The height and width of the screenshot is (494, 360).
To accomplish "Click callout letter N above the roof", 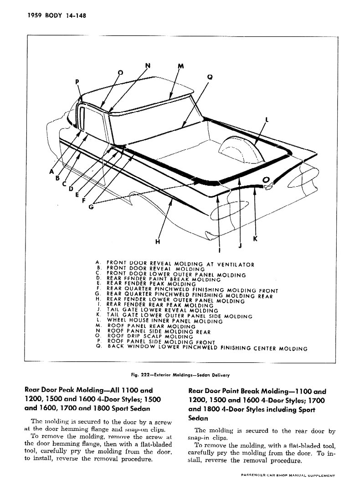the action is (148, 66).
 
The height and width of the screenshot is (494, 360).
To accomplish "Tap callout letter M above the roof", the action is (180, 66).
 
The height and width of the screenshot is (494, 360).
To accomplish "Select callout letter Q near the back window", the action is (210, 77).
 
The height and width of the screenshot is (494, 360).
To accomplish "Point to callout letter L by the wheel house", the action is (267, 119).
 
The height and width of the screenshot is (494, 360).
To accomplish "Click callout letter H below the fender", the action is (158, 242).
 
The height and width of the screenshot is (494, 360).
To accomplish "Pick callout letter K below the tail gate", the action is (255, 239).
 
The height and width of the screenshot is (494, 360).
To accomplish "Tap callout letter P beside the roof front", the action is (77, 82).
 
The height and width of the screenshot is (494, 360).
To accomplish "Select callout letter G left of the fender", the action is (91, 207).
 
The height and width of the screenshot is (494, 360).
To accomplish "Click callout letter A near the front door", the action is (51, 171).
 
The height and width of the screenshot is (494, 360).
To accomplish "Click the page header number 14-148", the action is (76, 15).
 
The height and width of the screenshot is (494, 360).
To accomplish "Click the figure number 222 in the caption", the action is (145, 375).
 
